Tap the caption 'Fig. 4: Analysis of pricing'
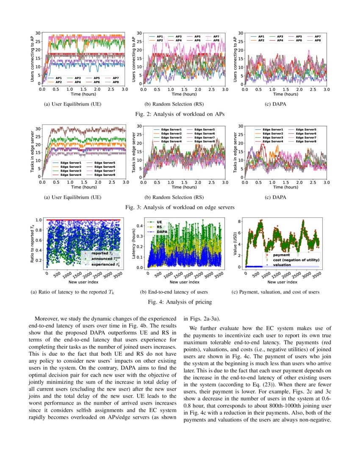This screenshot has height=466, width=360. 180,302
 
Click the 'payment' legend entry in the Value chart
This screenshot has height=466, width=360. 282,255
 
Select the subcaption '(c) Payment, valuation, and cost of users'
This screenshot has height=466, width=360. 275,292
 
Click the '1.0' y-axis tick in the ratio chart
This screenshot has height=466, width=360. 39,220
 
